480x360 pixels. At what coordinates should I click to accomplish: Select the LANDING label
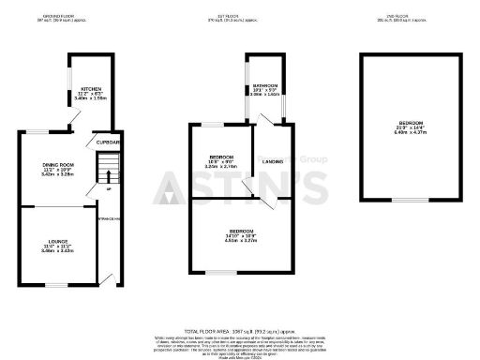click(x=272, y=161)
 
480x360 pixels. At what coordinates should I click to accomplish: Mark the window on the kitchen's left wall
click(x=69, y=81)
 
